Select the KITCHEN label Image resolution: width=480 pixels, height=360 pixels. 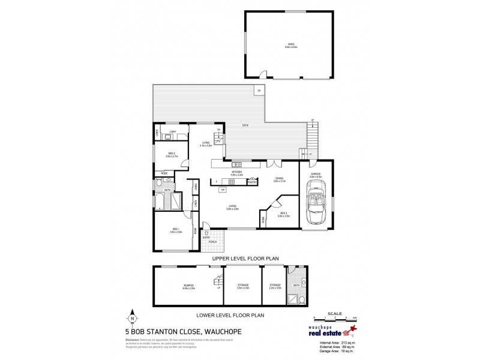coord(237,173)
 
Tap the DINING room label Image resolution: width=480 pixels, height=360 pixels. coord(278,178)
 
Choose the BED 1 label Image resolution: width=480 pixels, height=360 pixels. coord(176,230)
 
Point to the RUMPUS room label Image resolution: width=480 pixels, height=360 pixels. coord(189,287)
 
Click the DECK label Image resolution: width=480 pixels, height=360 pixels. coord(245,125)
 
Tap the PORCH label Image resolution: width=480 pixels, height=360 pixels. coord(213,242)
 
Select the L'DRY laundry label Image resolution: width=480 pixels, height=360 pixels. coord(172,131)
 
